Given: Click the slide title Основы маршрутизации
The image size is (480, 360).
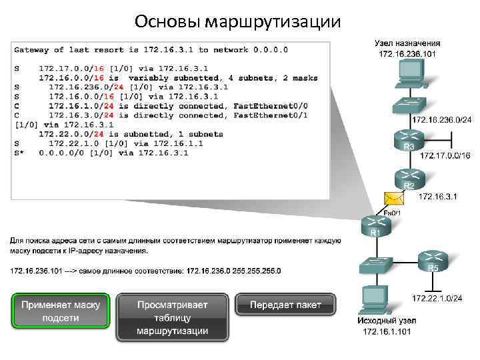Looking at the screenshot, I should [x=237, y=21].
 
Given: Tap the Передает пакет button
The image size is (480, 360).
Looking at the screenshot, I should [x=285, y=305].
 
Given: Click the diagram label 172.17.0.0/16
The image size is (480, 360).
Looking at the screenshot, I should [x=445, y=155].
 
